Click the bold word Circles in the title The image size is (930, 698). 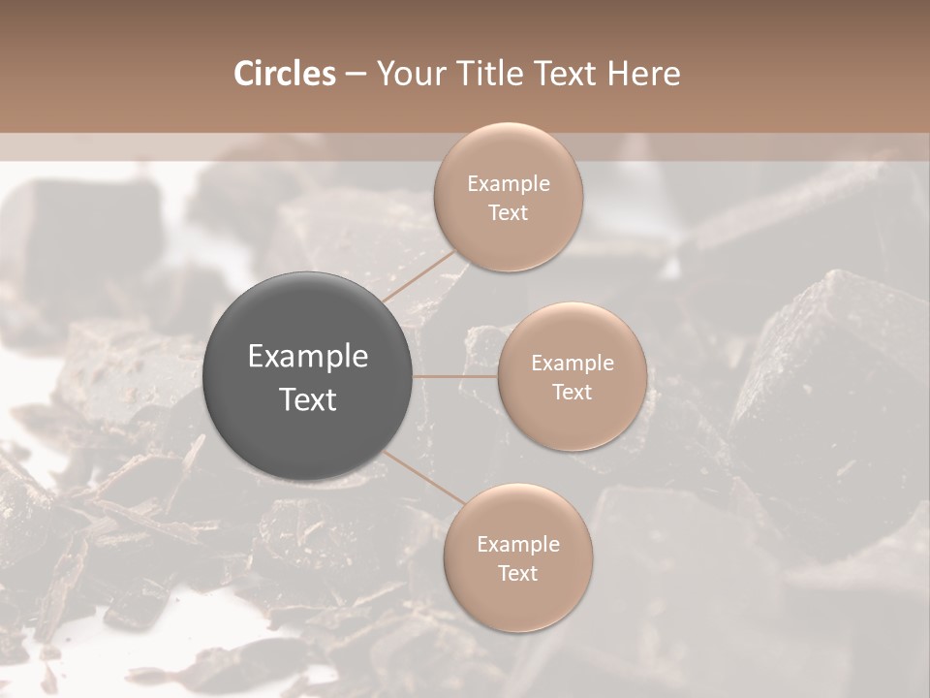285,74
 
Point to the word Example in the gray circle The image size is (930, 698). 308,358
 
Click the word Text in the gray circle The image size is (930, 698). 308,399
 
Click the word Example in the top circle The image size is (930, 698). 509,184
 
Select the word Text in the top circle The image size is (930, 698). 508,213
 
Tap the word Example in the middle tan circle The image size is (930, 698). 573,364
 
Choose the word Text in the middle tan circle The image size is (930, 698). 572,393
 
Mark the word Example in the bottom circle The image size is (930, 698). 518,545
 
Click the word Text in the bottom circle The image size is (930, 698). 517,574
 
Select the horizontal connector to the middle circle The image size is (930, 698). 455,376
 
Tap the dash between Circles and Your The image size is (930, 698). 356,75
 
